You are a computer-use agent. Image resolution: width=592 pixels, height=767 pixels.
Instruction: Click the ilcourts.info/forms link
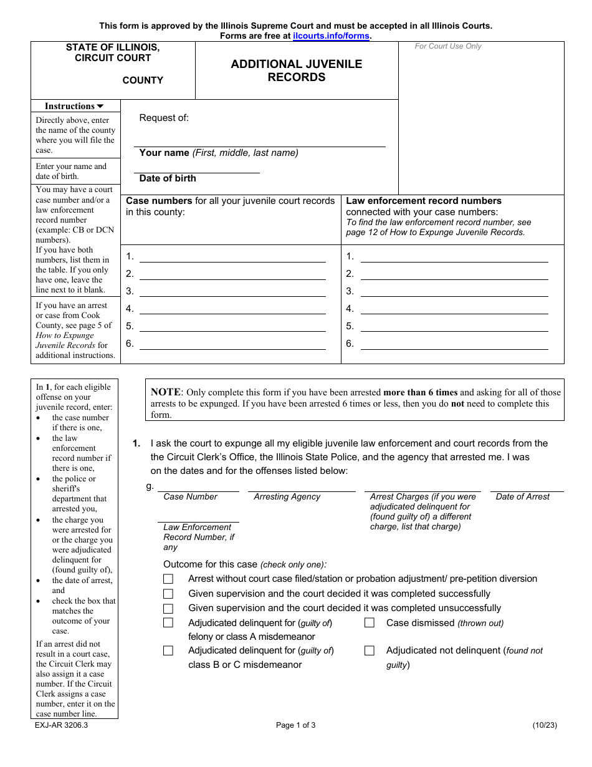tap(332, 36)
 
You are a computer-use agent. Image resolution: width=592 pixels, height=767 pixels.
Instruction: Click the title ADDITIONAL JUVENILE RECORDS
tap(297, 70)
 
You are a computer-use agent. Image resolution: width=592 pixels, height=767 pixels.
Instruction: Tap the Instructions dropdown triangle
tap(100, 107)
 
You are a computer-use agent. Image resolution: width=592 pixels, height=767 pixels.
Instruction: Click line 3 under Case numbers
tap(232, 291)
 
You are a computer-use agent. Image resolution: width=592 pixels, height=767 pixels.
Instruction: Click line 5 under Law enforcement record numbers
tap(454, 326)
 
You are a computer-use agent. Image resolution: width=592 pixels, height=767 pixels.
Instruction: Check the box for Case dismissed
tap(370, 622)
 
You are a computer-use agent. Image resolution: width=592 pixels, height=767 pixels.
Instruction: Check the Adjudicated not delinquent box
tap(370, 650)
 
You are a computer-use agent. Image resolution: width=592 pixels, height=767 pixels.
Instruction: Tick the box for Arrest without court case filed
tap(168, 579)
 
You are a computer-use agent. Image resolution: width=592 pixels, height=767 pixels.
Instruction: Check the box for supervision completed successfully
tap(168, 594)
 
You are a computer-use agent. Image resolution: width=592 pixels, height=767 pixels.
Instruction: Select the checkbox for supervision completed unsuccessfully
tap(168, 608)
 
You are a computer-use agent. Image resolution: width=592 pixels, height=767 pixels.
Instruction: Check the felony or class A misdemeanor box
tap(168, 622)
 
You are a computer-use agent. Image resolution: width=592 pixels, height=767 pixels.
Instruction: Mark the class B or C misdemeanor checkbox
tap(168, 650)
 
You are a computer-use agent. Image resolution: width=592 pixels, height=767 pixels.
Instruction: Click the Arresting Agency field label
tap(287, 497)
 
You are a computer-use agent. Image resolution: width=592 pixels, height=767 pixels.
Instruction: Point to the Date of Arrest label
tap(522, 497)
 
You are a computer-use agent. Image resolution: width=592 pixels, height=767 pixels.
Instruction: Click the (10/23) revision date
tap(545, 725)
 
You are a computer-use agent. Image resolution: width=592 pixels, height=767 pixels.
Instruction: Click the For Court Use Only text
tap(448, 46)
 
